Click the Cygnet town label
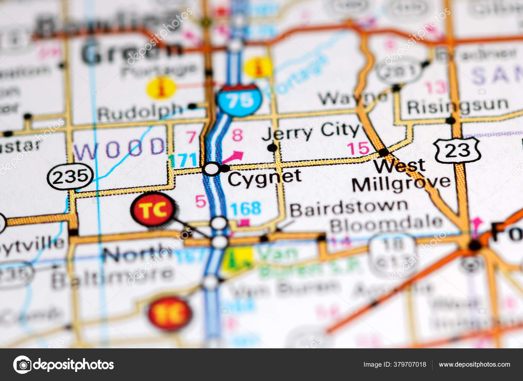(264, 178)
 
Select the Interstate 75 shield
(240, 100)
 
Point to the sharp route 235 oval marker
(70, 177)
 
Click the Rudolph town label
(140, 113)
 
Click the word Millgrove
(401, 184)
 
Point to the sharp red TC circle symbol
(153, 209)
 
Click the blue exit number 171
(183, 160)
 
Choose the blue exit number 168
(246, 209)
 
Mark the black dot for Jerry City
(272, 148)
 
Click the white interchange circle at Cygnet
(211, 169)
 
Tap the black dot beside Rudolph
(192, 106)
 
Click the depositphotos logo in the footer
(63, 365)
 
